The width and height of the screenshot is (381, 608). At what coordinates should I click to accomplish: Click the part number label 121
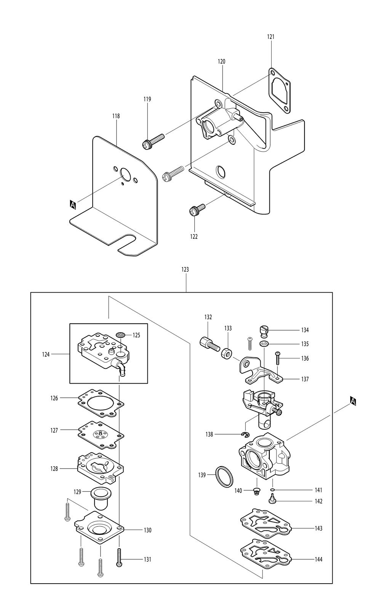pyautogui.click(x=271, y=37)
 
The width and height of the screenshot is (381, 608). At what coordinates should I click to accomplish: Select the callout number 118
pyautogui.click(x=116, y=116)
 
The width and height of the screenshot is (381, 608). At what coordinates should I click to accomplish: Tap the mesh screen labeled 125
pyautogui.click(x=121, y=334)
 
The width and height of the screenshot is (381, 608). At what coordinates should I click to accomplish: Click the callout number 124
pyautogui.click(x=46, y=355)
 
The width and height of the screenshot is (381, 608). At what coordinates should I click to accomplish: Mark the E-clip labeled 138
pyautogui.click(x=246, y=435)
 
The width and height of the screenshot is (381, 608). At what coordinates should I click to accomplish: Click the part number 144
pyautogui.click(x=319, y=560)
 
